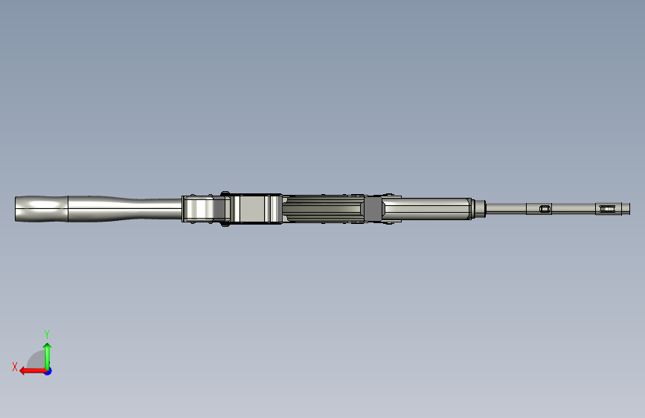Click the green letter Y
pos(46,334)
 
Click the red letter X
pos(15,366)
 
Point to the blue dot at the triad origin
pos(48,370)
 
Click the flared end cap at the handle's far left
pos(19,209)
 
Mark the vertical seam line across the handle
pos(68,209)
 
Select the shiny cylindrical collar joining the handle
pos(199,209)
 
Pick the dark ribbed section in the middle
pos(324,209)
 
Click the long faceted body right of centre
pos(428,208)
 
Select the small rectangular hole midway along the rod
pos(545,209)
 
